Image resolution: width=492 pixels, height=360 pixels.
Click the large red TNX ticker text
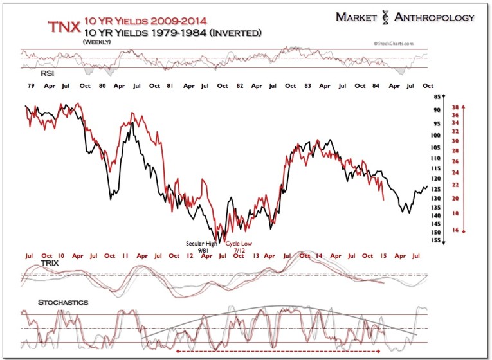pyautogui.click(x=64, y=27)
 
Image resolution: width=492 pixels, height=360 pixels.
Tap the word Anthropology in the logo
pyautogui.click(x=435, y=17)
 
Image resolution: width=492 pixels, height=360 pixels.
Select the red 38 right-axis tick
pyautogui.click(x=454, y=107)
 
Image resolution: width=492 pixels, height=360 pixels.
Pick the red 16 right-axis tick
pyautogui.click(x=454, y=230)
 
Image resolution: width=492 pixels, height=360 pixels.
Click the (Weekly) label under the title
pyautogui.click(x=98, y=42)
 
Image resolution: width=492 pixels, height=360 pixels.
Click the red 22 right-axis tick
pyautogui.click(x=454, y=185)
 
